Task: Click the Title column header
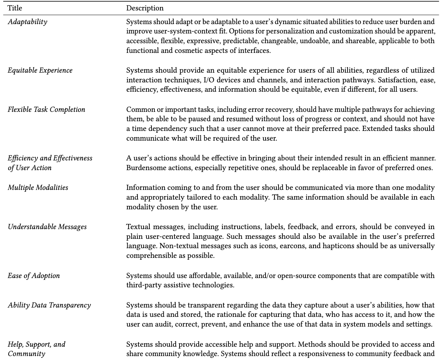[x=14, y=8]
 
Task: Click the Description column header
[x=145, y=8]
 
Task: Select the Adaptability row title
[x=27, y=22]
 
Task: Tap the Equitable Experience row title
[x=40, y=70]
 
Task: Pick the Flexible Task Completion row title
[x=46, y=110]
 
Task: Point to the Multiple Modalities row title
[x=38, y=187]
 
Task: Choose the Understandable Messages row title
[x=47, y=227]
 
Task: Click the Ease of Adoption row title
[x=34, y=276]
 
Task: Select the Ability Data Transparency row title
[x=49, y=305]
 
